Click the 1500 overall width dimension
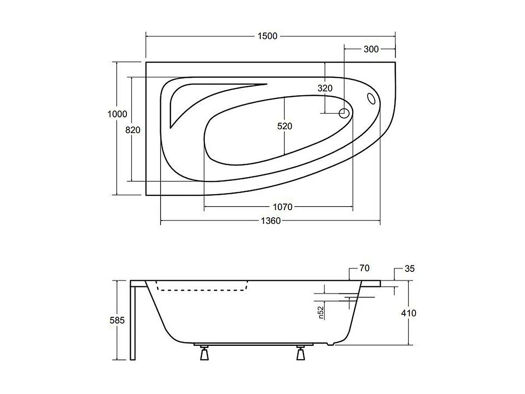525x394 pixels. (267, 36)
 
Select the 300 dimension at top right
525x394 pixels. (371, 49)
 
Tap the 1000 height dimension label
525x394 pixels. (117, 114)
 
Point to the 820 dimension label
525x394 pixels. (133, 130)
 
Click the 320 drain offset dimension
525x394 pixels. (325, 88)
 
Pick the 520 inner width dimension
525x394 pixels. (284, 126)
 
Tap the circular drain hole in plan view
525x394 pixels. (344, 113)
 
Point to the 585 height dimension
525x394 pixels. (117, 320)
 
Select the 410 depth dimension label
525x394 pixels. (408, 313)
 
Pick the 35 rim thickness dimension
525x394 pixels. (409, 269)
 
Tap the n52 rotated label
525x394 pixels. (321, 313)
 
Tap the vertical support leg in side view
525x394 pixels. (133, 322)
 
